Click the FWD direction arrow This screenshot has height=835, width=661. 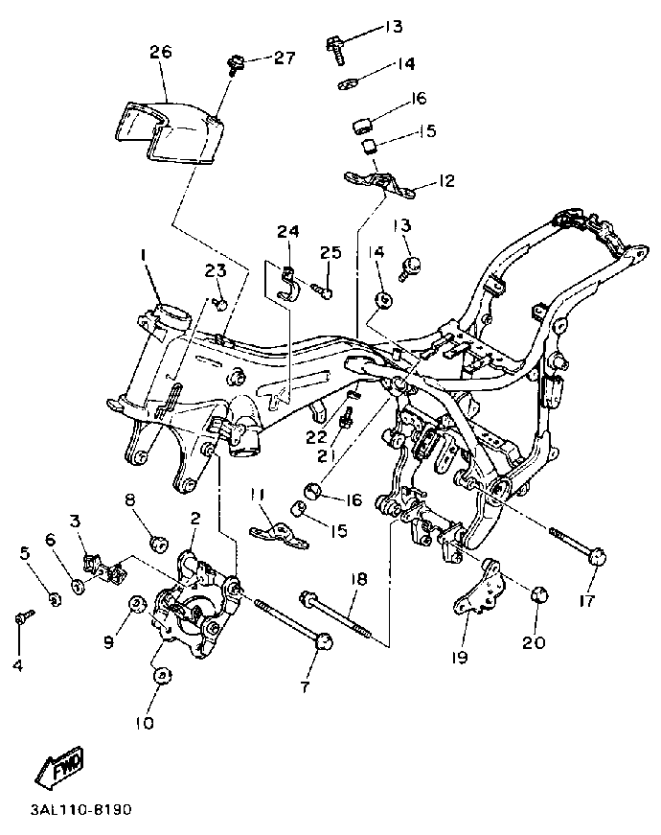point(59,766)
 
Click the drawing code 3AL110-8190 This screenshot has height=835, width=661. point(80,810)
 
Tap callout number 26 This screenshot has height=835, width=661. point(160,52)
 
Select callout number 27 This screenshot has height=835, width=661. point(285,58)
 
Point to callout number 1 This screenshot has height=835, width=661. point(143,256)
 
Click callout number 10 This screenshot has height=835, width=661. point(145,723)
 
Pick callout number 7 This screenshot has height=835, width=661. point(305,687)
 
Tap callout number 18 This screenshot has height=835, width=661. point(359,579)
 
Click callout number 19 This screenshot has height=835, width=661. point(459,658)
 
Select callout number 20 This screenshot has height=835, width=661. point(534,642)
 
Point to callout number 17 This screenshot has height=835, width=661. point(587,601)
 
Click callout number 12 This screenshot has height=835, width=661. point(446,180)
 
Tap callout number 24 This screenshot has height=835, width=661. point(288,231)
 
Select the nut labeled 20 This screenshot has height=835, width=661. point(540,594)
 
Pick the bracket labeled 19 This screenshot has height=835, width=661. point(479,587)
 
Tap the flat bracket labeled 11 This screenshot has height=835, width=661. point(279,535)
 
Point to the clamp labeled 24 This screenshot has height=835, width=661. point(288,281)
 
